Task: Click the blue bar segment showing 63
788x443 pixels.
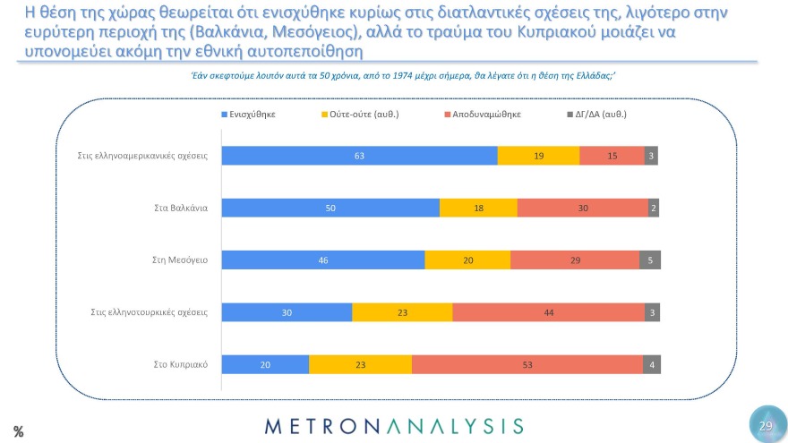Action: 359,155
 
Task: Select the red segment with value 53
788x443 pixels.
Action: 527,365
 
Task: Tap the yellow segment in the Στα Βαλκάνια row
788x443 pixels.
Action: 478,208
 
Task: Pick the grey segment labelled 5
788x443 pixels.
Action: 650,260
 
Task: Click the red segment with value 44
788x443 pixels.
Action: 548,312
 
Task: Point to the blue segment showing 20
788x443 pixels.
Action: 265,365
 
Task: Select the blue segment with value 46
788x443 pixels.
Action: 323,260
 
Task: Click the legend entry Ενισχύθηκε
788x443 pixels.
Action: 249,115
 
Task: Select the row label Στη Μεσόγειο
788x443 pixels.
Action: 181,260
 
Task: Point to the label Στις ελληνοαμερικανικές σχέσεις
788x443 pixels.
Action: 142,155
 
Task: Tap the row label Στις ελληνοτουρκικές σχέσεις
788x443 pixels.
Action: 149,312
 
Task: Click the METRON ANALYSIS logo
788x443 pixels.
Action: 394,425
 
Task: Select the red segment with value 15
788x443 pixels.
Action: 612,155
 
